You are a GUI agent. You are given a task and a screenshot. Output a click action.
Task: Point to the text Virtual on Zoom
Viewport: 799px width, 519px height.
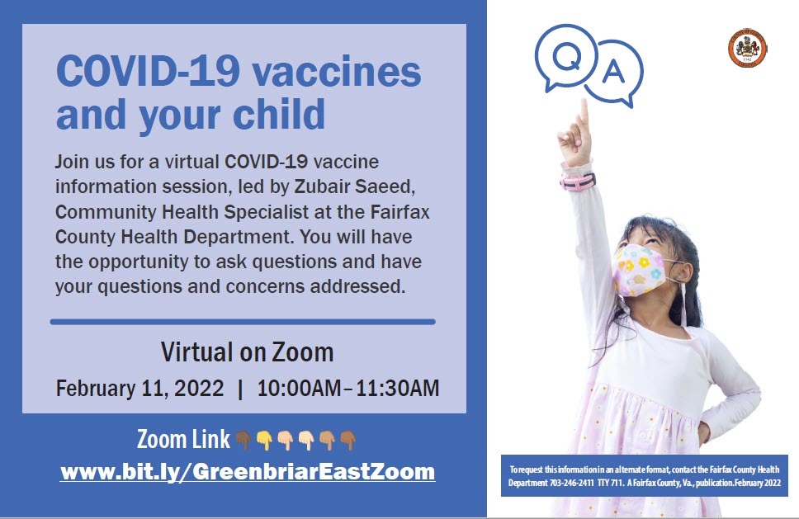[x=247, y=353]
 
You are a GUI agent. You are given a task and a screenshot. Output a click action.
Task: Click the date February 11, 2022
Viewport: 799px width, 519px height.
[x=139, y=389]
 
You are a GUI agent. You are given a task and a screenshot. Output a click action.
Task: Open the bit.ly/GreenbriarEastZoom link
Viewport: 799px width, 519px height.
[x=248, y=472]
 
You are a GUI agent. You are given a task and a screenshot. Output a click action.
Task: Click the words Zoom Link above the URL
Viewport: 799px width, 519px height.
[x=183, y=440]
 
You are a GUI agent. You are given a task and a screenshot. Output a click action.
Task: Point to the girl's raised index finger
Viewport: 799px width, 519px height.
[x=584, y=112]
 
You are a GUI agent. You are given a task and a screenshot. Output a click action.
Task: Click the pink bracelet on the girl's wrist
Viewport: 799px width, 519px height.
[x=578, y=179]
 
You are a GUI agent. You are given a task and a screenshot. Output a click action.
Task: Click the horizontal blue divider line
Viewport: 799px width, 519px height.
[x=243, y=321]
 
